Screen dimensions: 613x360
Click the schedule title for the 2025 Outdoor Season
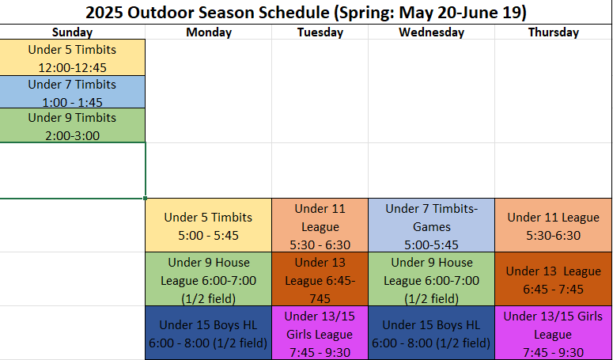coord(306,13)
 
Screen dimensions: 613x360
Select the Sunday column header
coord(72,32)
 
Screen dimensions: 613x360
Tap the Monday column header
coord(209,32)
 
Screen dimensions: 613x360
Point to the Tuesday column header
coord(320,32)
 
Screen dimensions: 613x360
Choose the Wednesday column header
coord(431,32)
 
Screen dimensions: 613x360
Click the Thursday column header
coord(553,32)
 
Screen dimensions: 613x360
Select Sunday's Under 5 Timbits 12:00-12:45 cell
coord(72,58)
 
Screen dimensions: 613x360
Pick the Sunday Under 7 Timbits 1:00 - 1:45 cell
coord(72,92)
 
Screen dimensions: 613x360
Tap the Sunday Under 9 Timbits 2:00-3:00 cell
coord(72,126)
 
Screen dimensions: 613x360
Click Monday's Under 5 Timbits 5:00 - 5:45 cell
coord(208,225)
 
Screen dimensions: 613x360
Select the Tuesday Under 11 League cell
coord(320,225)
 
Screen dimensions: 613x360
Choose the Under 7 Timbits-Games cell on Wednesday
coord(431,225)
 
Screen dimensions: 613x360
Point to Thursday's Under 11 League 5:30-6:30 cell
coord(553,225)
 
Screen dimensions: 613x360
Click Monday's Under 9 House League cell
coord(208,279)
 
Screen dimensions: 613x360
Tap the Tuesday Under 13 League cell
coord(320,279)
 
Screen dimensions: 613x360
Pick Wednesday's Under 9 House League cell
coord(431,279)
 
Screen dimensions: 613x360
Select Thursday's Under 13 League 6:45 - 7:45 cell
coord(553,279)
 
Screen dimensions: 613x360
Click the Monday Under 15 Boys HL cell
coord(208,333)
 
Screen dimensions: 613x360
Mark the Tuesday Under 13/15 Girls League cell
coord(320,333)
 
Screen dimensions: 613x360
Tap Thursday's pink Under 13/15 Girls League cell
coord(553,333)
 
